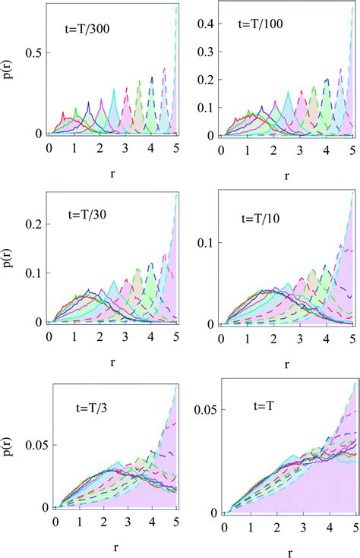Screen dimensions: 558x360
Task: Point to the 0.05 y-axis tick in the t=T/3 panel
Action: tap(30, 438)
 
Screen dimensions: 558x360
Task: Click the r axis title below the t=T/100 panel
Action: tap(286, 175)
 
